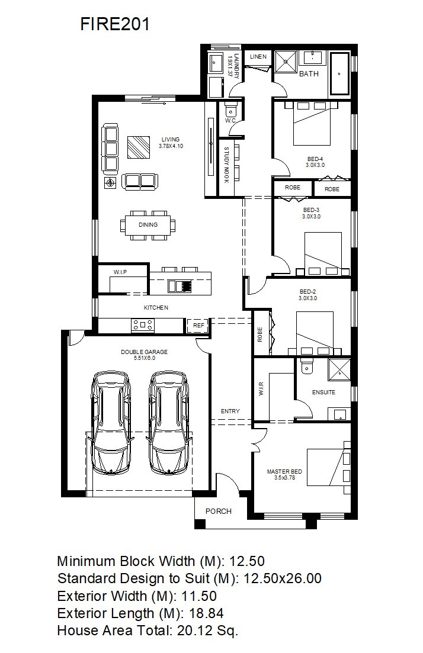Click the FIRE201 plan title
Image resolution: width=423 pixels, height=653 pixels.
click(x=114, y=24)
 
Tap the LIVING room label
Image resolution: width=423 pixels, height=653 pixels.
click(x=171, y=140)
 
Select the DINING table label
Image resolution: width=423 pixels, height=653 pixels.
click(x=148, y=225)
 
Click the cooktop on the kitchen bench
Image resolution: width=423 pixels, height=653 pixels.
click(x=143, y=325)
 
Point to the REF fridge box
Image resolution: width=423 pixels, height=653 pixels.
click(x=199, y=325)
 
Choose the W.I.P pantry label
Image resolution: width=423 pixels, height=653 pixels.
click(x=120, y=272)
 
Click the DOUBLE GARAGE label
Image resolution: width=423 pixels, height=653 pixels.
click(x=144, y=352)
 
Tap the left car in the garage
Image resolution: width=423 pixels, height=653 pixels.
click(x=111, y=423)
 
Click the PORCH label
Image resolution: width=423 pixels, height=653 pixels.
click(x=219, y=512)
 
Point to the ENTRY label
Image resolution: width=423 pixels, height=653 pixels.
click(x=230, y=411)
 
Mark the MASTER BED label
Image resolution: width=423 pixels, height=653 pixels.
click(x=284, y=472)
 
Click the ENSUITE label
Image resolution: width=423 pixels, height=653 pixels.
click(x=324, y=393)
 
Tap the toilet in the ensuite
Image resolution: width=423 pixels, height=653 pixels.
click(x=306, y=365)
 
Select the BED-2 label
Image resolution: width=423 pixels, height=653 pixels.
click(x=307, y=292)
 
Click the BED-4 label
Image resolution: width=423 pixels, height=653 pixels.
click(x=315, y=159)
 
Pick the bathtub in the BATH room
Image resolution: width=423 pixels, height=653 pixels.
click(x=339, y=74)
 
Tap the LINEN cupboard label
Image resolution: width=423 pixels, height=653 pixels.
click(x=258, y=57)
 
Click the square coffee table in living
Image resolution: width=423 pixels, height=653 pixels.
click(x=139, y=147)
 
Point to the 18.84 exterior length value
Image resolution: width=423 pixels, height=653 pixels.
click(x=206, y=613)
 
